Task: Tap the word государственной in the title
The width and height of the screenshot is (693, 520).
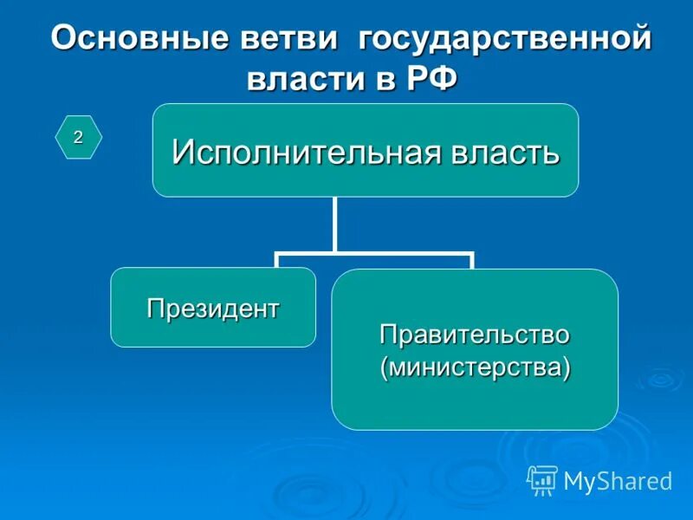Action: click(x=504, y=40)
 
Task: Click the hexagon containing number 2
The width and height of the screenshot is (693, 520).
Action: click(x=79, y=137)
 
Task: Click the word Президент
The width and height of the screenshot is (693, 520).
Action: click(x=213, y=308)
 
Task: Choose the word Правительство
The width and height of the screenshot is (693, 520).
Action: click(x=475, y=334)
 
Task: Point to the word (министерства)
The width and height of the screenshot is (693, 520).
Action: click(x=475, y=367)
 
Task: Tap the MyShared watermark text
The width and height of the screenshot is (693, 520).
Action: click(x=617, y=481)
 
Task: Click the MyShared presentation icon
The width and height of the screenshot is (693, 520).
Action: click(x=542, y=479)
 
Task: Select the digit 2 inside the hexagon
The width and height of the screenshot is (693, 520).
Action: click(x=78, y=137)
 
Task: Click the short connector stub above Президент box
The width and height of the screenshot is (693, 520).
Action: click(x=276, y=261)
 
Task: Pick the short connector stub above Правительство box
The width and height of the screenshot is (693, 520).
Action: click(x=472, y=262)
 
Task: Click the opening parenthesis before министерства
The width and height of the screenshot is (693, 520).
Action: click(x=384, y=367)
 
